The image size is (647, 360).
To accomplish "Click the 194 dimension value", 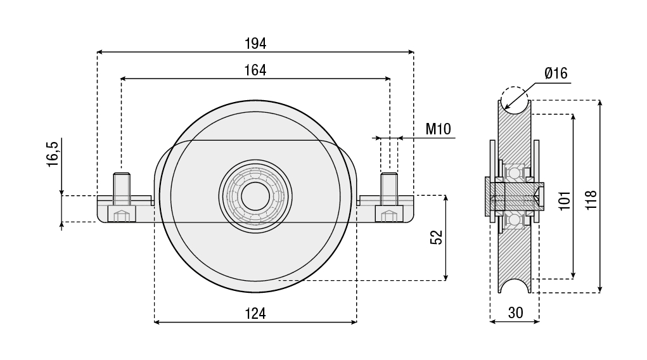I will tap(255, 44).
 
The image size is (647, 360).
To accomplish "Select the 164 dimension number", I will tap(255, 70).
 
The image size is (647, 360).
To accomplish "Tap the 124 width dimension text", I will tap(255, 312).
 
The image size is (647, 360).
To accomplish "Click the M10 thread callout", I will tap(438, 129).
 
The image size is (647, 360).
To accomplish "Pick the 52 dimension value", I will tap(436, 237).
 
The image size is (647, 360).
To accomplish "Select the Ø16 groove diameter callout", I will tap(555, 74).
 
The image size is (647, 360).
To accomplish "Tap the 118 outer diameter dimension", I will tap(591, 201).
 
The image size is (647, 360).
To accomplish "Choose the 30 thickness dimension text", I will tap(515, 312).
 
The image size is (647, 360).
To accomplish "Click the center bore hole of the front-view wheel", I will tap(255, 196).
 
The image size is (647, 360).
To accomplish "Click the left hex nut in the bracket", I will tap(122, 215).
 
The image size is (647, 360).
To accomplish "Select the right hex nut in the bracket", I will tap(389, 215).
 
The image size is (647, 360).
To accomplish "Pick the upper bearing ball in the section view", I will tap(515, 172).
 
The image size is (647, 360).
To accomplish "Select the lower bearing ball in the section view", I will tap(515, 219).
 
